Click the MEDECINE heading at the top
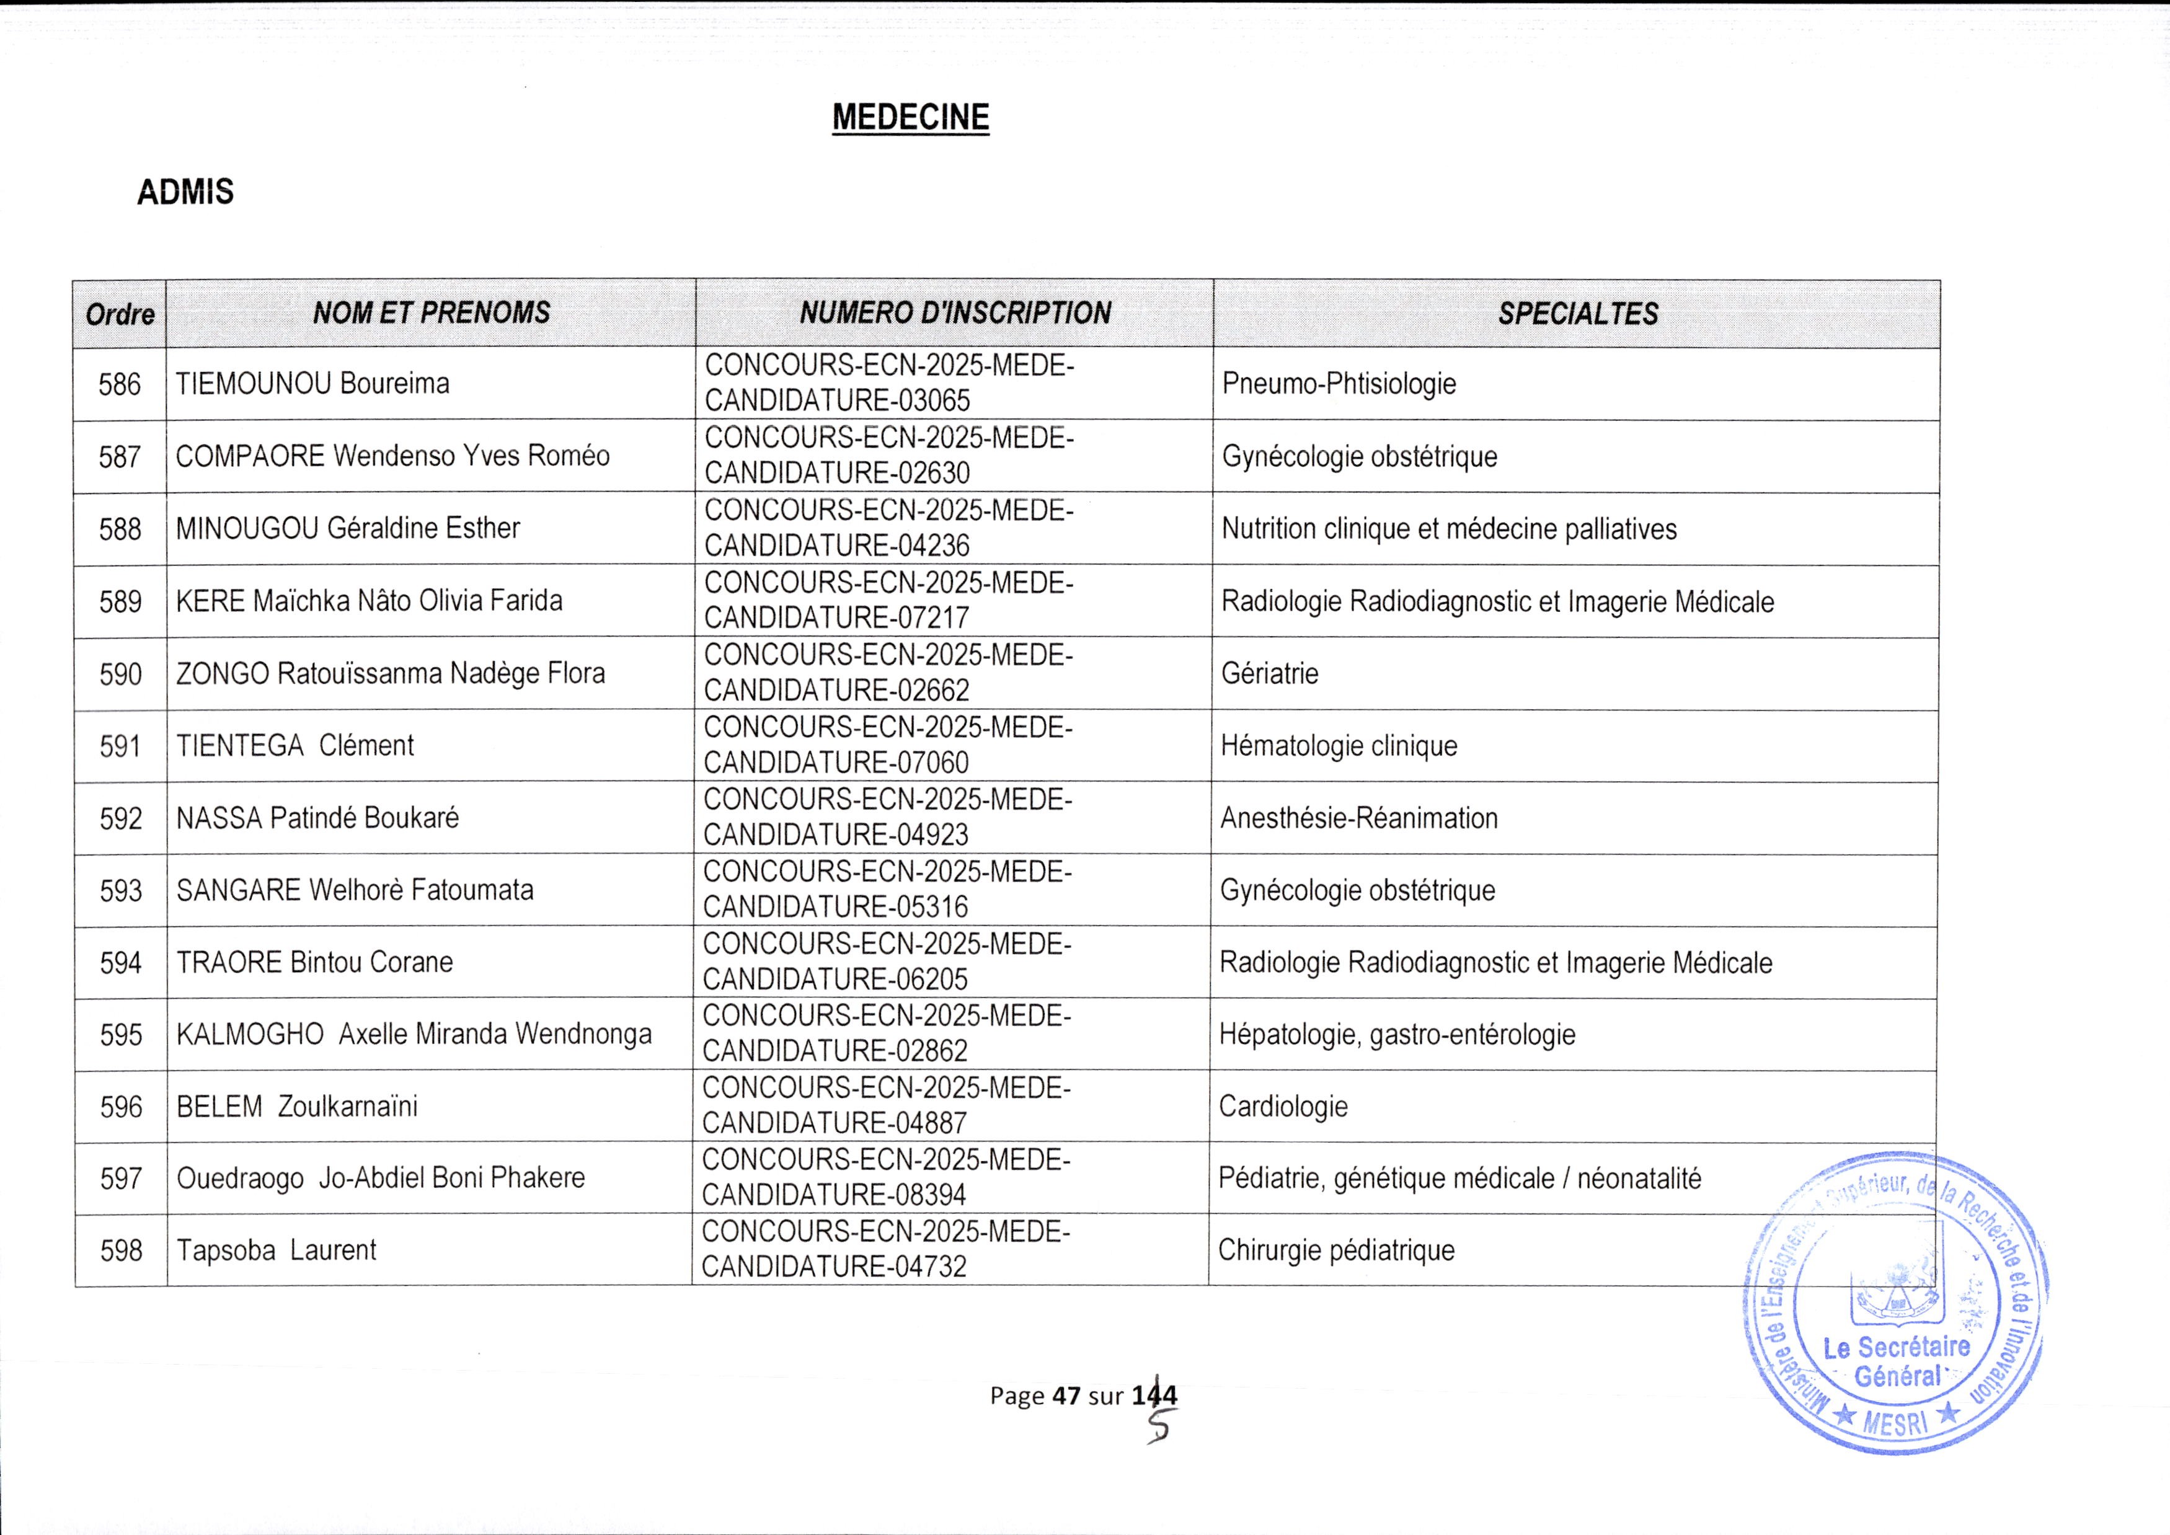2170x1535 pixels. [x=910, y=117]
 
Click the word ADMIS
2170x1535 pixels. [x=185, y=192]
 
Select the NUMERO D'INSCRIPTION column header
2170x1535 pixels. [x=955, y=313]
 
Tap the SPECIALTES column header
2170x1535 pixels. [x=1577, y=314]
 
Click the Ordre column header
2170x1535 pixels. [x=120, y=314]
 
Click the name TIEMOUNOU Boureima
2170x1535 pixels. [x=312, y=384]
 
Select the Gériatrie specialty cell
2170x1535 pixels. [x=1269, y=674]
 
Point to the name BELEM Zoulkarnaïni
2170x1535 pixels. [x=297, y=1106]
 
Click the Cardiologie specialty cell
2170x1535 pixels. [x=1283, y=1106]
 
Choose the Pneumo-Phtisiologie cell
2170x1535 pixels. [x=1339, y=384]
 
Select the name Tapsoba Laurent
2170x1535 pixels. [x=276, y=1250]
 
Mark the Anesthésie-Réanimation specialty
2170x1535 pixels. [x=1359, y=818]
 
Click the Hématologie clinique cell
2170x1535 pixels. [x=1339, y=746]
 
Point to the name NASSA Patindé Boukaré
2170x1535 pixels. [x=317, y=818]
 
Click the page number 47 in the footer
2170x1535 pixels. [x=1066, y=1395]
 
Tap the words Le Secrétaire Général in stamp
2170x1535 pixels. [x=1896, y=1361]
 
